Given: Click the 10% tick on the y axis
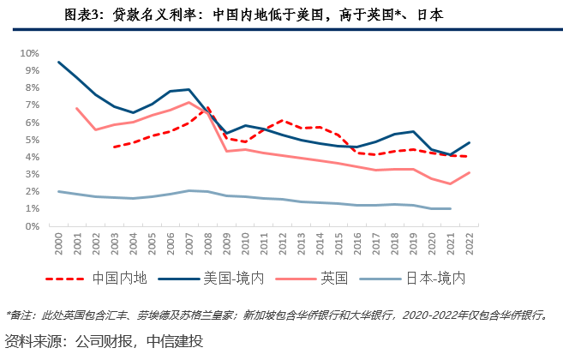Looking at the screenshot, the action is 30,53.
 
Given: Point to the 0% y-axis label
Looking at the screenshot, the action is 33,226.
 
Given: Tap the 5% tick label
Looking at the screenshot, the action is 33,140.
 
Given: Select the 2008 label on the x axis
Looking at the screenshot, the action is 208,243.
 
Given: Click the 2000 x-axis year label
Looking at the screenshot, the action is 58,243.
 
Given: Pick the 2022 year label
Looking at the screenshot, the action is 470,243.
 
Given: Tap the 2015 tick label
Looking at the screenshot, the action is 338,243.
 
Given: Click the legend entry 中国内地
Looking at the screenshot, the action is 96,279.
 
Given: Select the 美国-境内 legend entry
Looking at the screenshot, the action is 211,279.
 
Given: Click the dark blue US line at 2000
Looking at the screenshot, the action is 59,63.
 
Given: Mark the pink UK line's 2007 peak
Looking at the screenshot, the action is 189,102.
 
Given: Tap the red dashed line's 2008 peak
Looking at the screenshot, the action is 208,107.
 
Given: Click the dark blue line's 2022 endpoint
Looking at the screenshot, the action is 470,143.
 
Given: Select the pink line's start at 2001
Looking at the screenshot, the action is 77,108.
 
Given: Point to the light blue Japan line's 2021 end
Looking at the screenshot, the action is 450,209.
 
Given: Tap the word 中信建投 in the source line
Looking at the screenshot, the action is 175,341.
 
